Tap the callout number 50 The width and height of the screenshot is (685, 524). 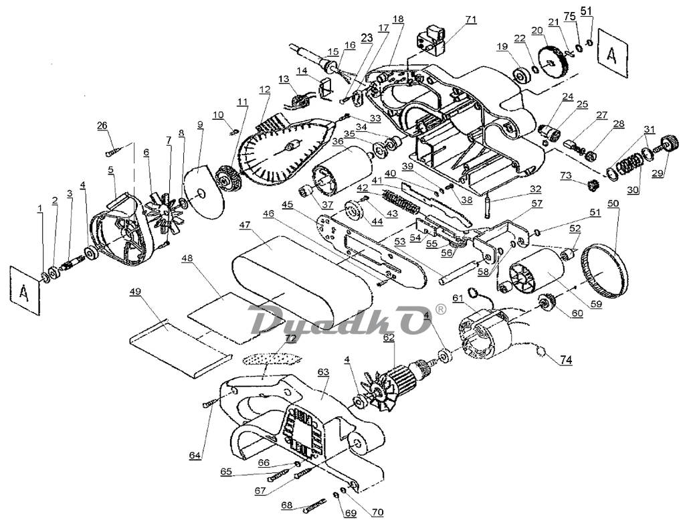(x=613, y=203)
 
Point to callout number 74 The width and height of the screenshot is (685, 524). (x=566, y=360)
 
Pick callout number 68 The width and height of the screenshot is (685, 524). (x=286, y=505)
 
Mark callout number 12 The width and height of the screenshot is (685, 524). (x=266, y=90)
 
